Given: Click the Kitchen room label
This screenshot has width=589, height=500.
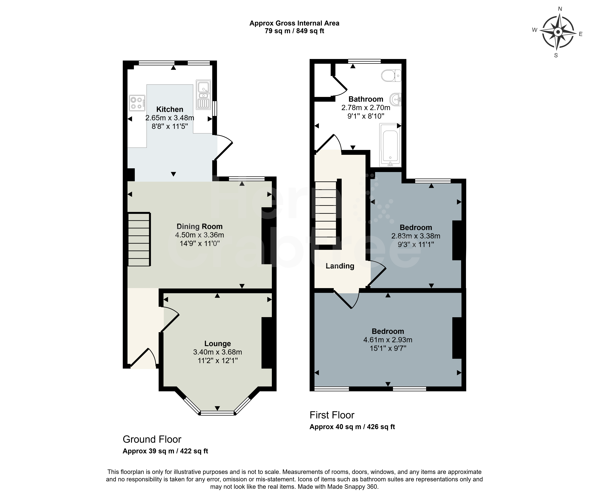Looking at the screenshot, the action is (x=170, y=109).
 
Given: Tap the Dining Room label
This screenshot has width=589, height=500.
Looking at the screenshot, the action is (x=199, y=226).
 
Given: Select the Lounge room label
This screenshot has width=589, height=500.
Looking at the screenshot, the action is (x=218, y=344).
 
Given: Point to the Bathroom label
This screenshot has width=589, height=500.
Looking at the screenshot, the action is (x=366, y=99).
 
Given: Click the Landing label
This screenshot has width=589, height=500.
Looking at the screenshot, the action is (x=340, y=266).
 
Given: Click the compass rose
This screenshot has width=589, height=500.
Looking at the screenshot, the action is (x=558, y=32).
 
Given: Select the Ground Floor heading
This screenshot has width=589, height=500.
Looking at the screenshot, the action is (x=152, y=439).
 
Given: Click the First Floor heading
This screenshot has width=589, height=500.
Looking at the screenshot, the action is (x=332, y=415).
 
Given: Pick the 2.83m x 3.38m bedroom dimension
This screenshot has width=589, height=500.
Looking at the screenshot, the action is (x=416, y=236).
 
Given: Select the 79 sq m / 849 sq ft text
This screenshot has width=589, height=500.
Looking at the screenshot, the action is (x=294, y=31).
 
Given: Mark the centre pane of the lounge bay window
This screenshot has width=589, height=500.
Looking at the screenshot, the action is (x=217, y=413).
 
